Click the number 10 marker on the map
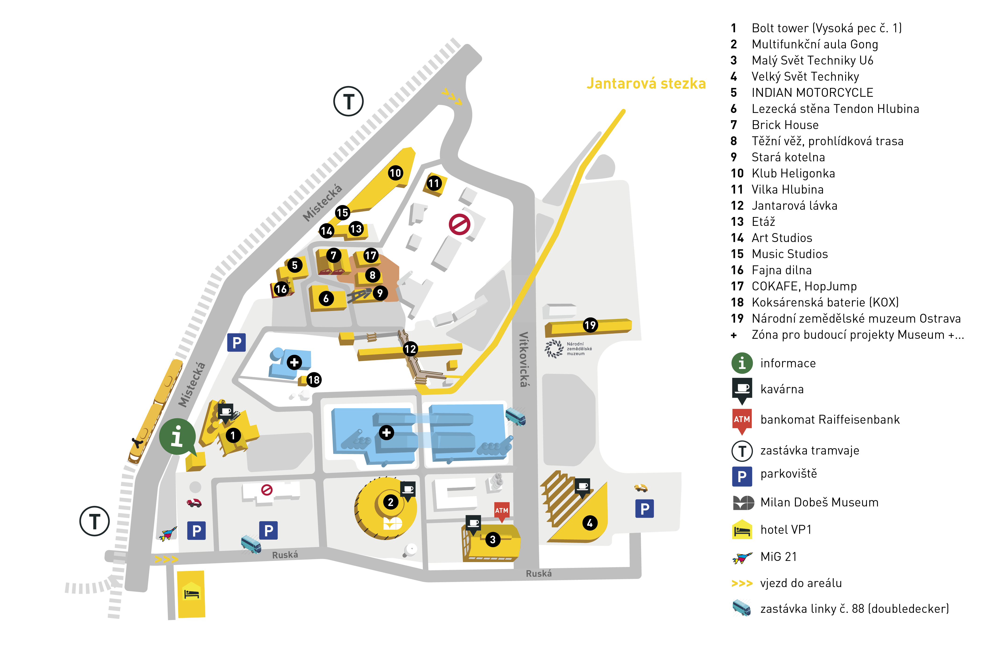click(395, 173)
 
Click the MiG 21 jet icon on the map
click(168, 534)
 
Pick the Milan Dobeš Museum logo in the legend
click(743, 502)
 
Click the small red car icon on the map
click(194, 503)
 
